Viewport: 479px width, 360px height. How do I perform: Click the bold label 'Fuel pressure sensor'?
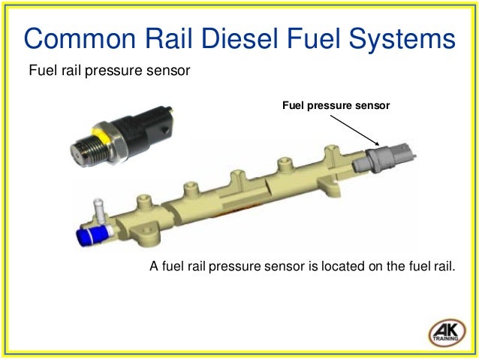pyautogui.click(x=336, y=106)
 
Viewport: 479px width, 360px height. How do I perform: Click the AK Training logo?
pyautogui.click(x=447, y=333)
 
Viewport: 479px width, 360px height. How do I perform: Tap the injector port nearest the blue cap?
pyautogui.click(x=143, y=203)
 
